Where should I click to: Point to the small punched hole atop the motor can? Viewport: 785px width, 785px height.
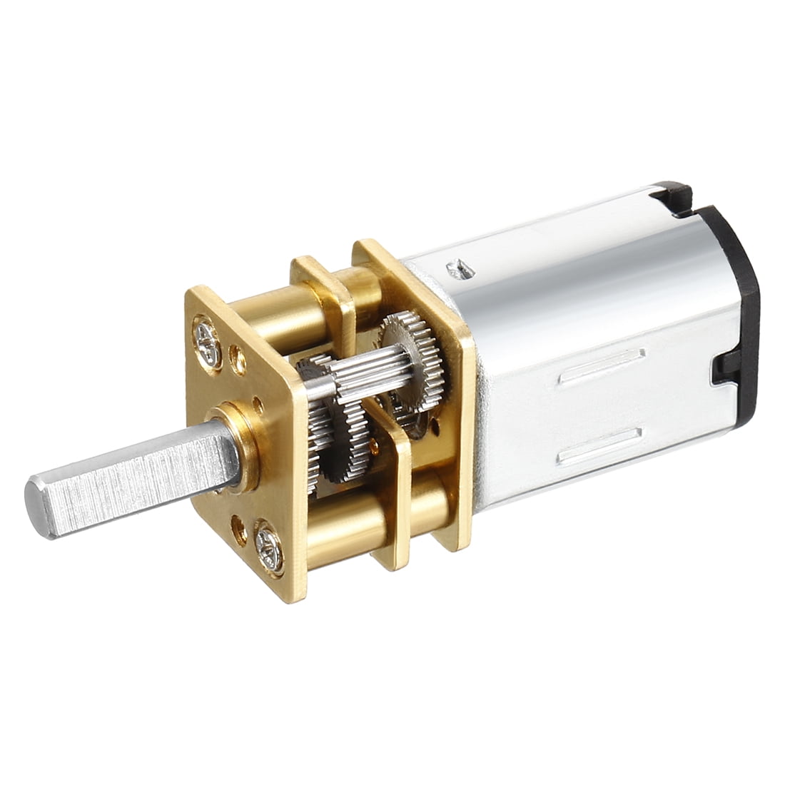coord(457,268)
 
